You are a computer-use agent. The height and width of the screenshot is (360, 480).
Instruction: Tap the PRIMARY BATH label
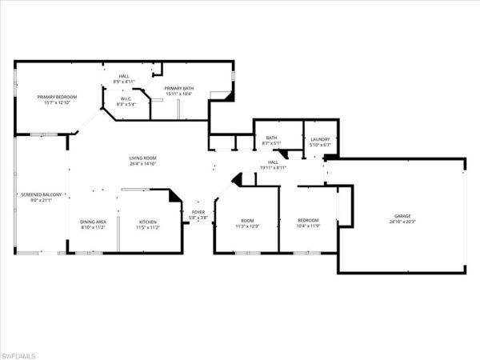(178, 88)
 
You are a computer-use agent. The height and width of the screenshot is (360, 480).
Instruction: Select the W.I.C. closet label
(126, 98)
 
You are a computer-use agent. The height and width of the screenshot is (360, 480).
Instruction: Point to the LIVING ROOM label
(142, 158)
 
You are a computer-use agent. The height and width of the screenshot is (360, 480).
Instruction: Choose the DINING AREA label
(93, 222)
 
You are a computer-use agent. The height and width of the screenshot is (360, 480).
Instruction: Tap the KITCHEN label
(148, 222)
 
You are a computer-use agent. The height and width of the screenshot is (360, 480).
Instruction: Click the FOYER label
(197, 213)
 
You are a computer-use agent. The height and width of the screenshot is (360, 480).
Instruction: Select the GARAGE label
(402, 216)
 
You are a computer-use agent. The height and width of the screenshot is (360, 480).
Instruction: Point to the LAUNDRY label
(320, 138)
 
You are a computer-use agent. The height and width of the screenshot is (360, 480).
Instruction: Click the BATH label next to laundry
(271, 138)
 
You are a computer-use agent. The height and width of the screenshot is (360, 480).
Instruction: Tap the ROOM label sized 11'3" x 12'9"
(247, 221)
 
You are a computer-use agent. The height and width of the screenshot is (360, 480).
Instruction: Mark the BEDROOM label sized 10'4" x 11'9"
(308, 221)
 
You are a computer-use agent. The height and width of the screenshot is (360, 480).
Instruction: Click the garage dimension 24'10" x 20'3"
(402, 222)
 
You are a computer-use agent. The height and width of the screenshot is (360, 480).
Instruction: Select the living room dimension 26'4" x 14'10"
(142, 165)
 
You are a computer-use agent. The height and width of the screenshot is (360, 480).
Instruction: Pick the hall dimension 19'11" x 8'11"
(272, 167)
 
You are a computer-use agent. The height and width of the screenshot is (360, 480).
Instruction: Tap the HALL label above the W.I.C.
(124, 76)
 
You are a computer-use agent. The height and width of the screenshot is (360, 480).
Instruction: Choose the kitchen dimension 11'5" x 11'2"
(148, 227)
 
